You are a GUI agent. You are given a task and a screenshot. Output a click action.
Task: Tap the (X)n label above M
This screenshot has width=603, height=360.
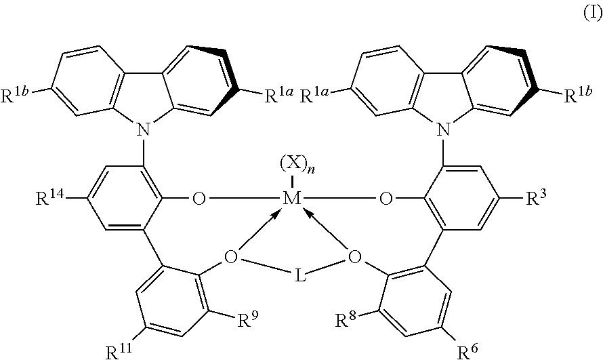tap(297, 167)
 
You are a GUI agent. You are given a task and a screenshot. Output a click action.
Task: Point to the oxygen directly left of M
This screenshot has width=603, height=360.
tap(199, 199)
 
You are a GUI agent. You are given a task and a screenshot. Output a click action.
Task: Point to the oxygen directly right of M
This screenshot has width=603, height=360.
tap(386, 199)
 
